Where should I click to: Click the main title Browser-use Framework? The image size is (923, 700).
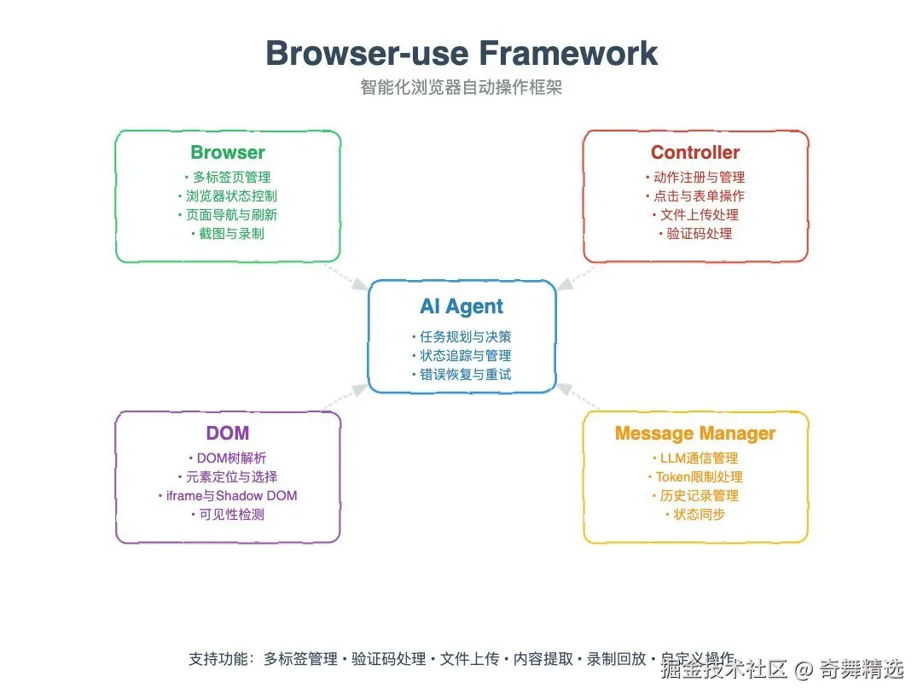[x=461, y=53]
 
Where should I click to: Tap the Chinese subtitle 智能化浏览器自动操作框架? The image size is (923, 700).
[x=461, y=87]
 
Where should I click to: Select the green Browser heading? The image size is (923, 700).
[x=228, y=152]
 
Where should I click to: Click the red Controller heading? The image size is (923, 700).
[x=695, y=152]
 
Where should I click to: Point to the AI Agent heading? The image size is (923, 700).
[x=461, y=306]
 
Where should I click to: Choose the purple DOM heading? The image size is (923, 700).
[x=228, y=433]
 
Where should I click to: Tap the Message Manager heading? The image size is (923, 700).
[x=695, y=434]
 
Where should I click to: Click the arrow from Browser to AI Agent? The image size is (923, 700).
[x=346, y=277]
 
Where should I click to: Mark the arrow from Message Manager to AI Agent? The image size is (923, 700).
[x=578, y=396]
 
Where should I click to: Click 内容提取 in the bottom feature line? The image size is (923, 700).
[x=543, y=659]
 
